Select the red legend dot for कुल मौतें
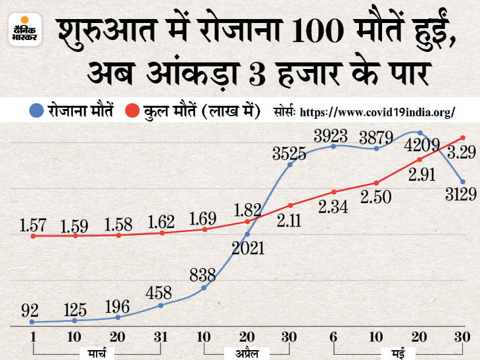pos(132,112)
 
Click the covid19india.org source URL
pos(377,112)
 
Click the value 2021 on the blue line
pos(247,248)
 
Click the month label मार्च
pos(97,355)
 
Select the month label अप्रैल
pos(247,355)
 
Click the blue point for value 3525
pos(290,164)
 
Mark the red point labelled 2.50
pos(377,182)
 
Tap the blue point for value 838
pos(204,288)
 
